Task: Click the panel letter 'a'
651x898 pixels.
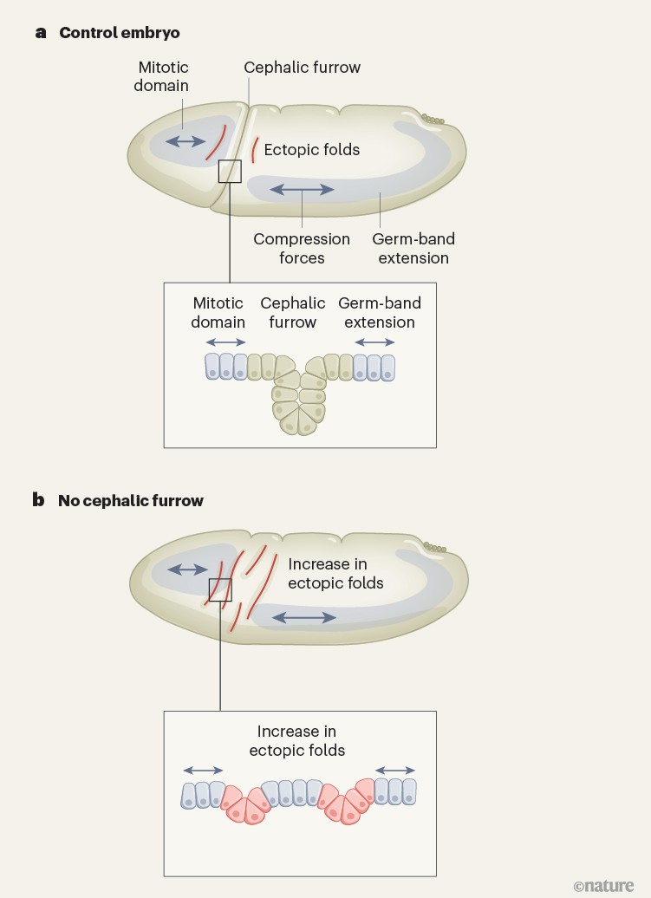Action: (x=40, y=33)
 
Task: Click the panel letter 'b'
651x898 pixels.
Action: (x=40, y=500)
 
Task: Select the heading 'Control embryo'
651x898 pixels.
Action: (x=120, y=33)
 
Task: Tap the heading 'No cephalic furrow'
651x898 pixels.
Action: (x=131, y=500)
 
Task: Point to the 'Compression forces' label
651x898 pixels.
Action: (x=302, y=248)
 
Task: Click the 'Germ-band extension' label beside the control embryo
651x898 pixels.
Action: (x=413, y=248)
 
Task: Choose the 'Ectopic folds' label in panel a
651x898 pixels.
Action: (x=311, y=149)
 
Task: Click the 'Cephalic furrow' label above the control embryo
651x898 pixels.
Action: (x=302, y=67)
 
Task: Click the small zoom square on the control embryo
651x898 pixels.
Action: (x=230, y=171)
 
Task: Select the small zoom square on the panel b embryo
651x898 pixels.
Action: (x=221, y=590)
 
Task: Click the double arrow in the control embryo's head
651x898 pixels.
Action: (x=185, y=141)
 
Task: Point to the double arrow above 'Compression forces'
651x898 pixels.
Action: (x=303, y=188)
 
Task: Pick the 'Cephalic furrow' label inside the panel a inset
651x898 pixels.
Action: (x=293, y=312)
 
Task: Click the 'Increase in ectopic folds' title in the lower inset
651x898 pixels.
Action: (x=297, y=741)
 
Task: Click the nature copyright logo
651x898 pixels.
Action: (x=603, y=884)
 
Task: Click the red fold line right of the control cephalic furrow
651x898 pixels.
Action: (x=253, y=149)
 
